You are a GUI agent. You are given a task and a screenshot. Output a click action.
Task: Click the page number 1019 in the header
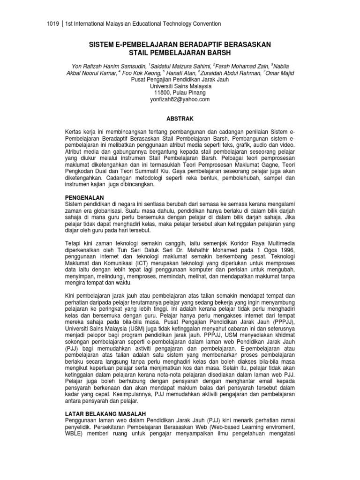click(x=54, y=23)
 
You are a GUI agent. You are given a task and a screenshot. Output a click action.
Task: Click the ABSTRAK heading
click(x=180, y=119)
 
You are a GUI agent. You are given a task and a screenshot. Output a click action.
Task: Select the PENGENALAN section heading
click(x=84, y=198)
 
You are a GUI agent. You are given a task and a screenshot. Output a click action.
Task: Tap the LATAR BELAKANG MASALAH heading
click(x=105, y=413)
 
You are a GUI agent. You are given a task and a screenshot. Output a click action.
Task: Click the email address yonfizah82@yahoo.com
click(x=180, y=99)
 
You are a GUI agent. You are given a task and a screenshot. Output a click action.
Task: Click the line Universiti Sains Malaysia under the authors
click(x=180, y=86)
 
